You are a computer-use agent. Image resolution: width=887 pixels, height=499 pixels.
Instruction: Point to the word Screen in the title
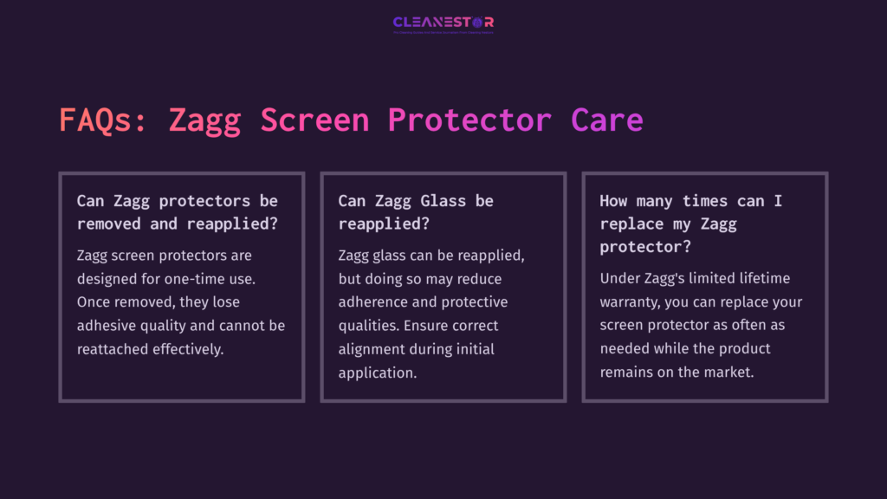click(x=314, y=120)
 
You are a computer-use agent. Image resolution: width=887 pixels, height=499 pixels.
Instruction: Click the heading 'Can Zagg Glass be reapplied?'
click(x=416, y=212)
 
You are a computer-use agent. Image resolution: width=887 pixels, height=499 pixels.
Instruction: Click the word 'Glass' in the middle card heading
click(x=444, y=201)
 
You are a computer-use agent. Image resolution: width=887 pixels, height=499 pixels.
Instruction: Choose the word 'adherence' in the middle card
click(x=373, y=302)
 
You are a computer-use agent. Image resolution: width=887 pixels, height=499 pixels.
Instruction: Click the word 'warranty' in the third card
click(x=629, y=302)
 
